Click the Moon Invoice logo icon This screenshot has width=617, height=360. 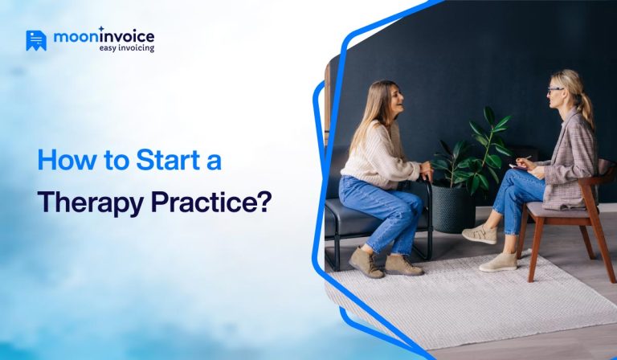35,40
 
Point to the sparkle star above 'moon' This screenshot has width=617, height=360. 100,29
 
